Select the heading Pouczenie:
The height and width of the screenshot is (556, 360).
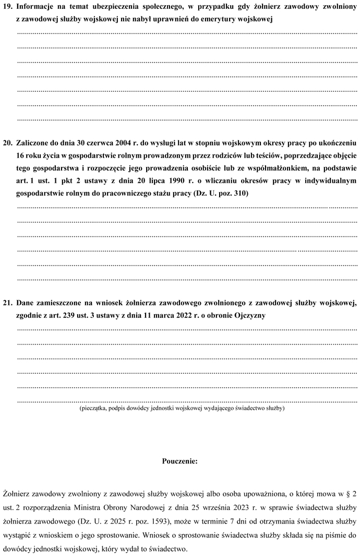[180, 462]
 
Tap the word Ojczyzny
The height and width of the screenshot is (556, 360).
[249, 315]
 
